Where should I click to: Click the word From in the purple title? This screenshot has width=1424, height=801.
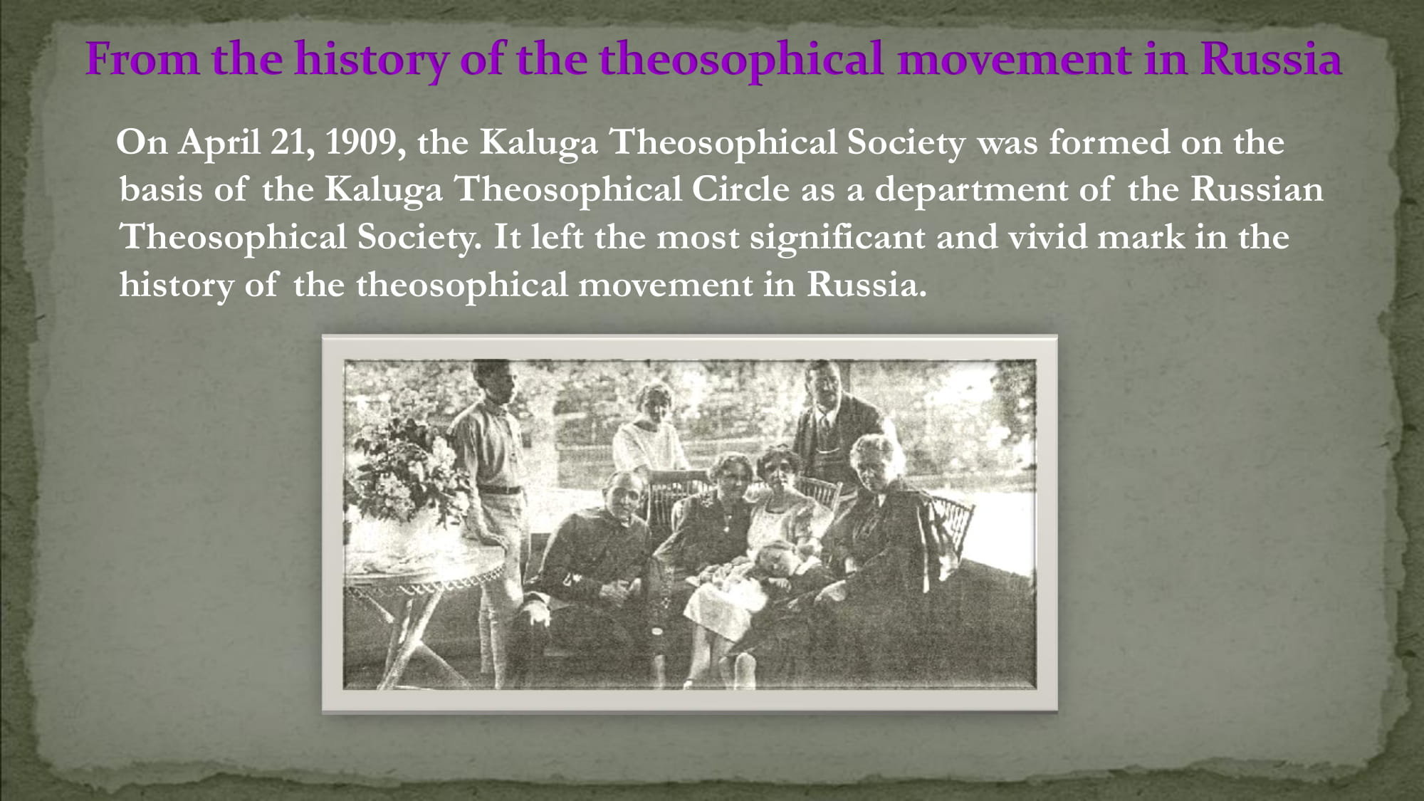(142, 59)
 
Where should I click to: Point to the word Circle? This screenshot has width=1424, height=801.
(740, 189)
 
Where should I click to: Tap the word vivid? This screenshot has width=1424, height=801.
(1047, 237)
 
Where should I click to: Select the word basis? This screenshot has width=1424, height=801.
(161, 189)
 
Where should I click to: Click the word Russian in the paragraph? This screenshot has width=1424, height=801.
(1257, 189)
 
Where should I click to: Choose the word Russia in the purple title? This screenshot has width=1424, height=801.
(1271, 59)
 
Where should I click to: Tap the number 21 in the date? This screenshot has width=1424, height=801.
(292, 143)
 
